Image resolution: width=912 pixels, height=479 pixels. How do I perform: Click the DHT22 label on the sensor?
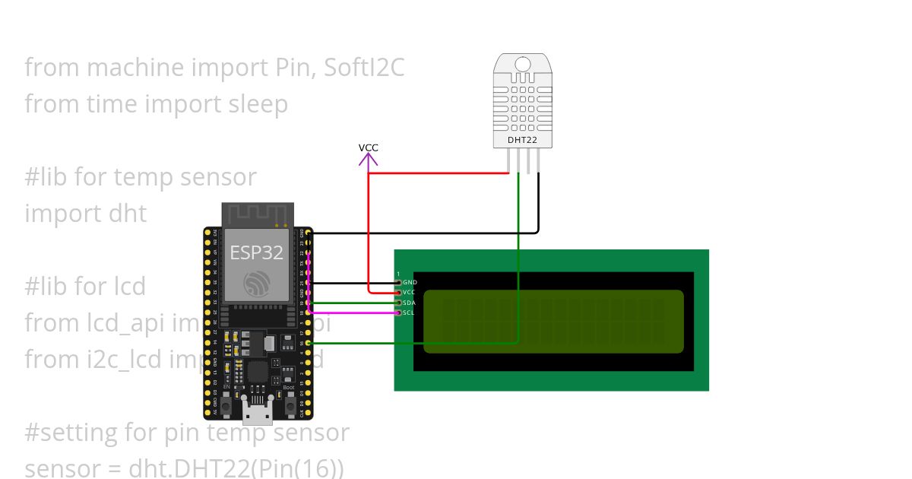[522, 141]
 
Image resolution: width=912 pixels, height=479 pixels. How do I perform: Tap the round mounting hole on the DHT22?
[522, 63]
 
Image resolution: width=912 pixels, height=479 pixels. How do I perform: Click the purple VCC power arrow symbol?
[369, 160]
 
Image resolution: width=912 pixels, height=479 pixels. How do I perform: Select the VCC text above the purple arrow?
[369, 148]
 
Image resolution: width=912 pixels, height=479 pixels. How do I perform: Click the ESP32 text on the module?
[257, 252]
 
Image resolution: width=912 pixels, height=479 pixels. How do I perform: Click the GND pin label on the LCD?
[410, 282]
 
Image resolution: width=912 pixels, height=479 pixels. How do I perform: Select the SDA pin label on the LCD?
[410, 303]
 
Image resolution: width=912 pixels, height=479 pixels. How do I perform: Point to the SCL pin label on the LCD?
[409, 312]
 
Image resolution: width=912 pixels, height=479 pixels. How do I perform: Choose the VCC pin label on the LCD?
[409, 292]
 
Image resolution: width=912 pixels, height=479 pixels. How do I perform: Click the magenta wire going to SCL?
[357, 312]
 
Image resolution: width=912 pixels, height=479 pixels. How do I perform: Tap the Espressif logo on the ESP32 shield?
[257, 284]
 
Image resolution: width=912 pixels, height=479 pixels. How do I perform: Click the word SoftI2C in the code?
[364, 68]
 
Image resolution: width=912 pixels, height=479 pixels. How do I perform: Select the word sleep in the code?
[258, 104]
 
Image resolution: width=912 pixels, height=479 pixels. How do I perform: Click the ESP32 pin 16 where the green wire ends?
[307, 343]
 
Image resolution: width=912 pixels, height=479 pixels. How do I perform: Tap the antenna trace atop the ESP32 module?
[257, 214]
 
